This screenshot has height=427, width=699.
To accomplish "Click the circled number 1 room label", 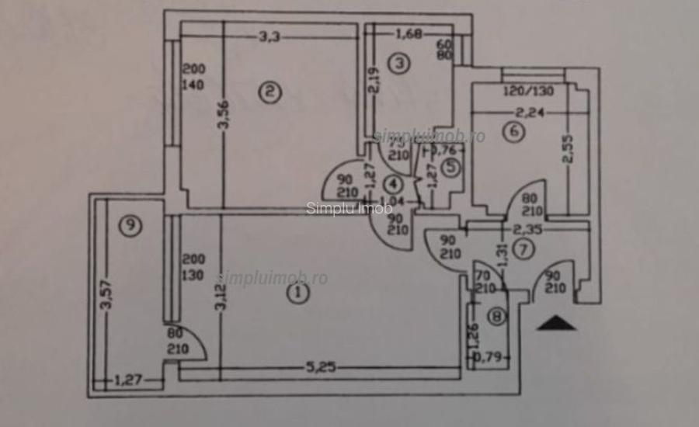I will pyautogui.click(x=295, y=293).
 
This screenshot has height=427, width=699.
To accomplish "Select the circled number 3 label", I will pyautogui.click(x=398, y=64).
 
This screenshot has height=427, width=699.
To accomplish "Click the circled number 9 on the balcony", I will pyautogui.click(x=130, y=226).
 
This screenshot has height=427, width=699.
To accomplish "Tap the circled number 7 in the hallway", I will pyautogui.click(x=525, y=250).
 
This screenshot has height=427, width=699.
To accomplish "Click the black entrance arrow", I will pyautogui.click(x=556, y=323).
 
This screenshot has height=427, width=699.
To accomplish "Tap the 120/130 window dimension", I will pyautogui.click(x=529, y=91).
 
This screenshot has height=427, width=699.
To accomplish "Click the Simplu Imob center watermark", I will pyautogui.click(x=338, y=207).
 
